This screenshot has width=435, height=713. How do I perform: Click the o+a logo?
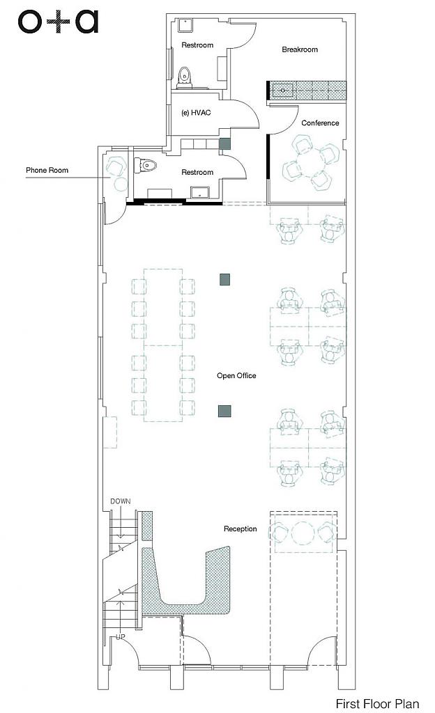pyautogui.click(x=58, y=22)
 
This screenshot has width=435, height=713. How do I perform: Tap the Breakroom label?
pyautogui.click(x=299, y=49)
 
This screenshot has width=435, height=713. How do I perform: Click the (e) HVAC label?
pyautogui.click(x=196, y=112)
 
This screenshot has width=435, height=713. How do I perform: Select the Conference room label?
pyautogui.click(x=320, y=123)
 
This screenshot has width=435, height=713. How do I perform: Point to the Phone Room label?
pyautogui.click(x=47, y=170)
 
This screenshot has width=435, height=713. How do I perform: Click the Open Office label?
pyautogui.click(x=236, y=375)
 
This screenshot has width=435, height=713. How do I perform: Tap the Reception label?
pyautogui.click(x=241, y=529)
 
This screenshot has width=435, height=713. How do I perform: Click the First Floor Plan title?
pyautogui.click(x=377, y=703)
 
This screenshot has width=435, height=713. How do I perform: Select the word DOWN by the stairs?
pyautogui.click(x=120, y=501)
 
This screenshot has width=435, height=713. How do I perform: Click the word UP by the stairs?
pyautogui.click(x=120, y=637)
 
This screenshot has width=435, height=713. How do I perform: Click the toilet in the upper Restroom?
pyautogui.click(x=185, y=77)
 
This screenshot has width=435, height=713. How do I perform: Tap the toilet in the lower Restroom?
pyautogui.click(x=146, y=164)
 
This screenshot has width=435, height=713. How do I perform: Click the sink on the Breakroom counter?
pyautogui.click(x=282, y=91)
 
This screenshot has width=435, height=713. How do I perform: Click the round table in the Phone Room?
pyautogui.click(x=121, y=184)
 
